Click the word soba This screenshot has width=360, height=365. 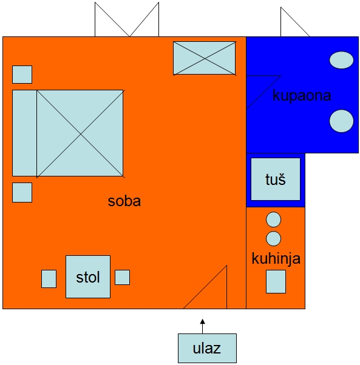tap(124, 201)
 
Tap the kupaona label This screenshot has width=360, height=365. tap(302, 95)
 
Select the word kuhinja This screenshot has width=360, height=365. tap(276, 259)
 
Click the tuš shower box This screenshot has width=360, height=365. tap(276, 179)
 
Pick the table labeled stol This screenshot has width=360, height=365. tap(88, 276)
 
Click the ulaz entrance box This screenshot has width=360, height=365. tap(207, 348)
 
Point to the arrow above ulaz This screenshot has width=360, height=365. tap(203, 326)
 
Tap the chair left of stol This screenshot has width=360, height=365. tap(49, 279)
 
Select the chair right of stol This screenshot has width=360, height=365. tap(122, 277)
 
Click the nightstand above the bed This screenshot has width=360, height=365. tap(22, 75)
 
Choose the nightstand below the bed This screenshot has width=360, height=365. tap(22, 192)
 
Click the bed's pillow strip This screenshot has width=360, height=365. tap(24, 133)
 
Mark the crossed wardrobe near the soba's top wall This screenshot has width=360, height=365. tap(205, 58)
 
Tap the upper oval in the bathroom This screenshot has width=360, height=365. tap(341, 60)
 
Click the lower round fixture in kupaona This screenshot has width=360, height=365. tap(341, 121)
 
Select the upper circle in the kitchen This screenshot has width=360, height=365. tap(273, 219)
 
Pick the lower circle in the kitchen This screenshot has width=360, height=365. tap(273, 238)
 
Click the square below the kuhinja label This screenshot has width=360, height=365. tap(276, 281)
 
